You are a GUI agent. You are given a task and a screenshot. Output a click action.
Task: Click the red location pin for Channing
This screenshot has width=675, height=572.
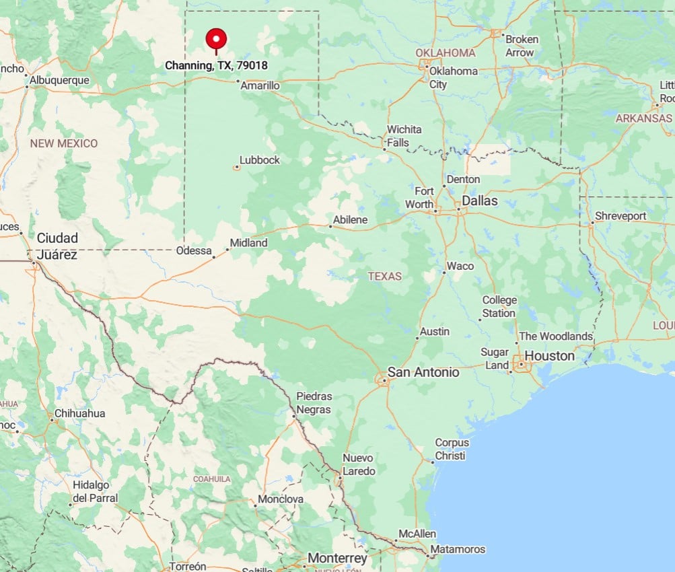216,38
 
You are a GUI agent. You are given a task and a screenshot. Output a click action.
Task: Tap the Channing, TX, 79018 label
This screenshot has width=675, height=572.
216,66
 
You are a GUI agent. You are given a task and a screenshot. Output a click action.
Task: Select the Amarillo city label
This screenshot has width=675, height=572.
260,85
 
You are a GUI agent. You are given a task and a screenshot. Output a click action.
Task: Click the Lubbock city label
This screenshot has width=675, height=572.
260,160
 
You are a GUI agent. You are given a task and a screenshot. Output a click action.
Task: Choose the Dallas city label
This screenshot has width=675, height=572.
480,201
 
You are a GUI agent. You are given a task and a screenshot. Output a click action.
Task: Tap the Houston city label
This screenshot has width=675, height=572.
550,355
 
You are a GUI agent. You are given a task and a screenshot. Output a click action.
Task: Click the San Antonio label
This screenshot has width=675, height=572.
423,372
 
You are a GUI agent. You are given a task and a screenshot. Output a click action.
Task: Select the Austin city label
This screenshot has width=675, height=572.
434,332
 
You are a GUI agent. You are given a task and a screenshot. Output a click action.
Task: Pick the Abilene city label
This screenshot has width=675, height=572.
351,220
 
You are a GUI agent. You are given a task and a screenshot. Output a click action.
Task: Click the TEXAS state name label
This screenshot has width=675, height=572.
385,276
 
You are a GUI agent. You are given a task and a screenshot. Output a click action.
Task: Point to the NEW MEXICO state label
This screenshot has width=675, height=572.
63,143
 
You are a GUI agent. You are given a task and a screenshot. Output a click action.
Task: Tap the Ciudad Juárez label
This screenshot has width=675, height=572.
57,246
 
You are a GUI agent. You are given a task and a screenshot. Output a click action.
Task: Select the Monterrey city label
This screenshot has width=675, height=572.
337,559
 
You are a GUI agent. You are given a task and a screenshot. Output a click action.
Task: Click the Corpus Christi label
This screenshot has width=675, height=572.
451,449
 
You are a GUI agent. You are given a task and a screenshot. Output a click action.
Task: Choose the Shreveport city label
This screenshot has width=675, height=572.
620,216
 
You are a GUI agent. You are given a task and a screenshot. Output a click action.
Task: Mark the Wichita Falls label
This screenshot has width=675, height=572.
404,136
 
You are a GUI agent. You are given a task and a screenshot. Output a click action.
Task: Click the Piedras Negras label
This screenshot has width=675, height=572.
314,402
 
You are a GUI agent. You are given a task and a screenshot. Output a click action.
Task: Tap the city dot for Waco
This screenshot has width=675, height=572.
444,272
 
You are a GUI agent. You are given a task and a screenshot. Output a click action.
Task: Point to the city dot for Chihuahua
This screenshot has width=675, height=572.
52,420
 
